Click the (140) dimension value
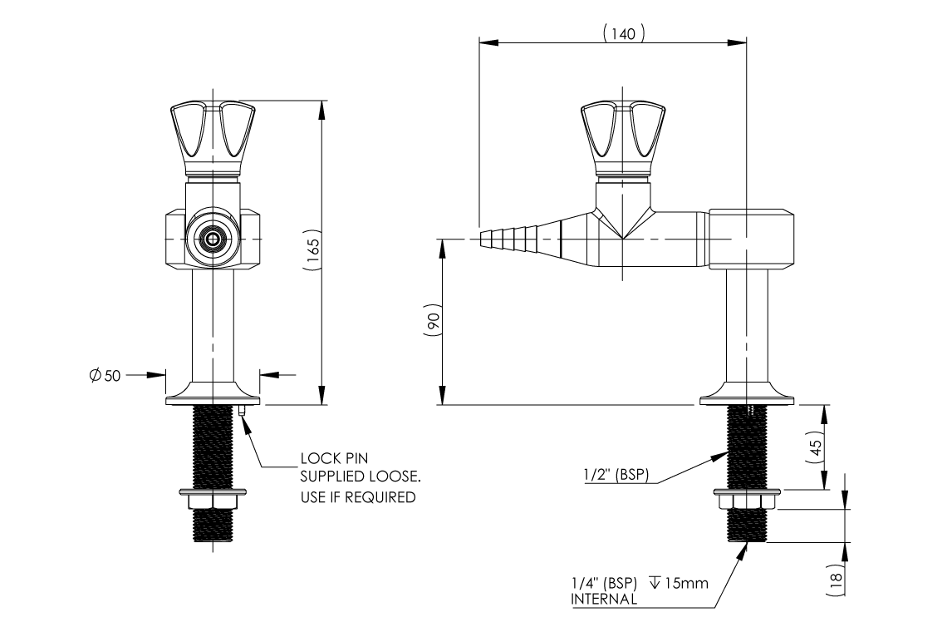(623, 34)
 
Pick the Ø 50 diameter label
(105, 375)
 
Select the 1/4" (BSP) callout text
(603, 583)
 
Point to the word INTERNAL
(604, 598)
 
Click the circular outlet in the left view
(213, 239)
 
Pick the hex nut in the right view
(745, 501)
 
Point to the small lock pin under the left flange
(240, 410)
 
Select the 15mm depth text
(685, 583)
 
